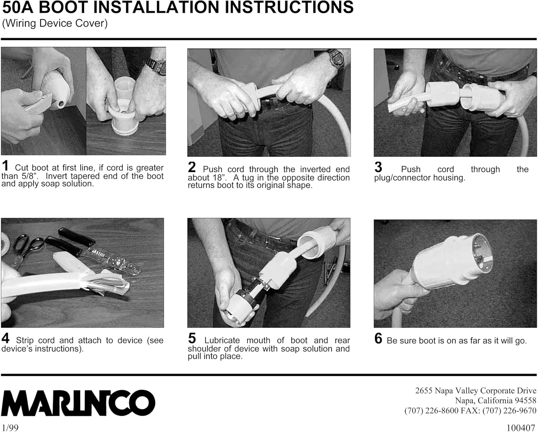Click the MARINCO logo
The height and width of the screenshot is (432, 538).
coord(78,403)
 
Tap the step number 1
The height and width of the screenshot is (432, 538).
coord(5,166)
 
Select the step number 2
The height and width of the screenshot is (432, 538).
coord(192,167)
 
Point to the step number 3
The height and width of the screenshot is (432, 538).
coord(378,167)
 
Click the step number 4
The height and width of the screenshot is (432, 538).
coord(5,338)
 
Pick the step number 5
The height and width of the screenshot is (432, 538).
coord(192,338)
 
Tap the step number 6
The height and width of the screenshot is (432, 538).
coord(378,338)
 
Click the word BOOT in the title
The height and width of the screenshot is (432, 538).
coord(63,7)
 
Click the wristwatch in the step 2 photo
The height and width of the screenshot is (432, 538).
coord(337,59)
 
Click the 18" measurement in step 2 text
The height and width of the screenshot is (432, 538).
coord(219,178)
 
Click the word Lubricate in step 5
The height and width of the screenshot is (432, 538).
coord(222,340)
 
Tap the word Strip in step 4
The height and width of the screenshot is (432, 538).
coord(25,341)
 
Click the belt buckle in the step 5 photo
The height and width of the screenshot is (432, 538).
coord(272,242)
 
